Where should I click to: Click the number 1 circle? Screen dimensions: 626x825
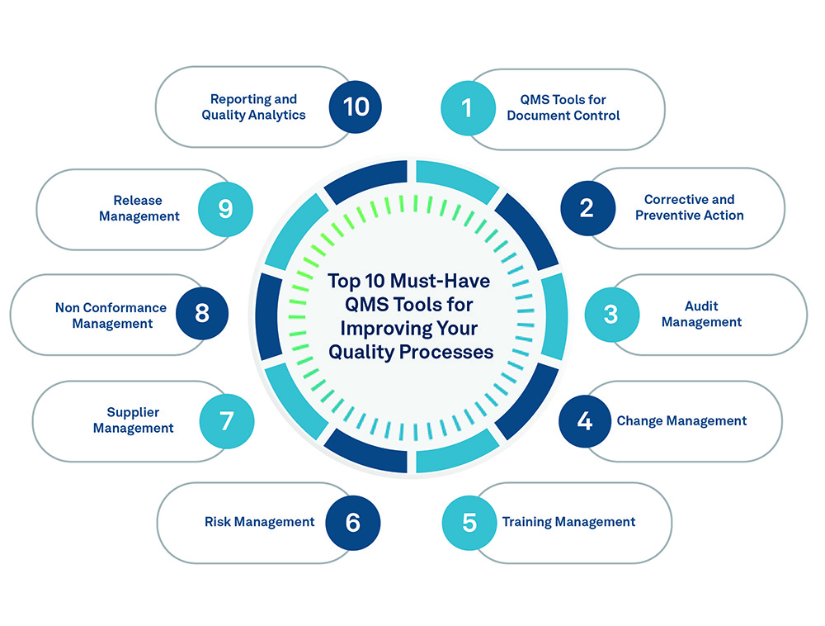point(468,108)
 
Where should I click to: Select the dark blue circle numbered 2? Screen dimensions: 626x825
point(587,208)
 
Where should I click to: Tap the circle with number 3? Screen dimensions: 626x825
point(611,315)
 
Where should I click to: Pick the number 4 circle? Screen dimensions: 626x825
point(586,421)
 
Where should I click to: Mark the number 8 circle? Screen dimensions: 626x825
point(202,315)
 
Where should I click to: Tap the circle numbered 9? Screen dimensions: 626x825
point(225,209)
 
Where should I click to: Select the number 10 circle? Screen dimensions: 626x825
point(356,107)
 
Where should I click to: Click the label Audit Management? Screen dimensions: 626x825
point(701,314)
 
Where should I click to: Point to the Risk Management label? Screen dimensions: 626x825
point(259,522)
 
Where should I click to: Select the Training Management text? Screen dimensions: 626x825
point(568,522)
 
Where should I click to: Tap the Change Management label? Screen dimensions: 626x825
point(681,421)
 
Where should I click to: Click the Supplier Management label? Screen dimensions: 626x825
point(133,420)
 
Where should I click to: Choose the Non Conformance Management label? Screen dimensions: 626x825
point(111,315)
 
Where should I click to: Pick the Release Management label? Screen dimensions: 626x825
point(139,208)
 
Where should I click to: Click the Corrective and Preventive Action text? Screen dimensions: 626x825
point(689,207)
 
